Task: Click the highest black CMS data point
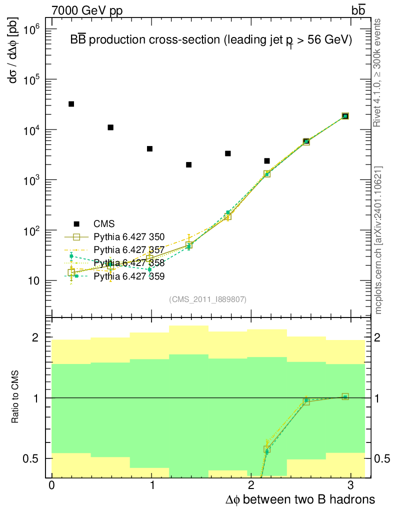click(71, 104)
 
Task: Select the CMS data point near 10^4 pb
click(110, 127)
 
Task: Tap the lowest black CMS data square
click(188, 164)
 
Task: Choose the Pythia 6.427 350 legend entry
click(129, 237)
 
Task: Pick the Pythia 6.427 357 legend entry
click(129, 250)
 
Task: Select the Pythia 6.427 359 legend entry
click(129, 276)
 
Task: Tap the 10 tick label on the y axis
click(33, 281)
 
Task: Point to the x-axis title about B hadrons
click(298, 499)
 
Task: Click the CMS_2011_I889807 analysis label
click(207, 299)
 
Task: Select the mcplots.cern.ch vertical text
click(378, 240)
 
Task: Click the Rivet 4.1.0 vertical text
click(378, 72)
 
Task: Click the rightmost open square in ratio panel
click(345, 396)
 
